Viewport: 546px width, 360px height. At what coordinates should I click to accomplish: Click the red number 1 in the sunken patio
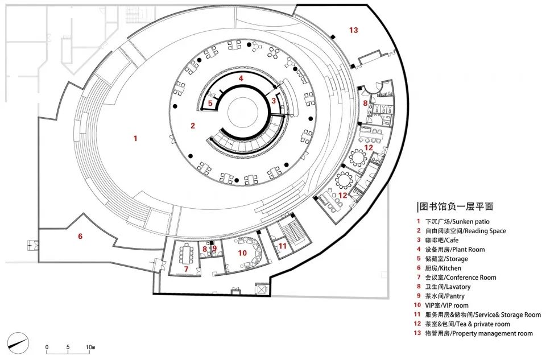tap(135, 138)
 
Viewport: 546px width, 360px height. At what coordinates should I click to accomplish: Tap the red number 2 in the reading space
tap(193, 126)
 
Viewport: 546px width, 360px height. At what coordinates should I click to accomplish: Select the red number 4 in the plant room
tap(241, 78)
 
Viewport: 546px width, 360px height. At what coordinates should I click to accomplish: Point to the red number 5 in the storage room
tap(210, 104)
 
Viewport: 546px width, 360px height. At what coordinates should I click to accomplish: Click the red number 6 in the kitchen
tap(80, 236)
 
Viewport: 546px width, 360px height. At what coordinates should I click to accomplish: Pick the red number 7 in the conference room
tap(186, 268)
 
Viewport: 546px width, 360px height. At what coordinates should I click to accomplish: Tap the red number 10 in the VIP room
tap(242, 253)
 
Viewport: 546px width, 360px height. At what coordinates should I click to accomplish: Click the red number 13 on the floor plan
tap(354, 30)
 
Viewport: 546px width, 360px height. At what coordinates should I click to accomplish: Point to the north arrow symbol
tap(20, 341)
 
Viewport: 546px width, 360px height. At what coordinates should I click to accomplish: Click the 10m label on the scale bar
tap(90, 347)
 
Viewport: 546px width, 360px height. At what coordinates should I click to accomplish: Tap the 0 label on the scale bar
tap(47, 347)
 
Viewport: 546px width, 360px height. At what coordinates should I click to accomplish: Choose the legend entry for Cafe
tap(449, 240)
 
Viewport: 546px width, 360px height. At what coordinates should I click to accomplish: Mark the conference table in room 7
tap(186, 253)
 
